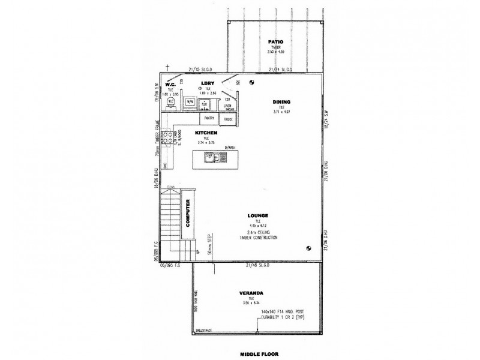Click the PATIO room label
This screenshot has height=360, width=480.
(x=275, y=41)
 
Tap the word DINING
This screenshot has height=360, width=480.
(x=281, y=101)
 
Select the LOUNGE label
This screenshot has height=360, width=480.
(x=260, y=215)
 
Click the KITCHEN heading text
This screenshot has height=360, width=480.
(x=206, y=133)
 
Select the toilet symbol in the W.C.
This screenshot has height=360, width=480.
(x=171, y=102)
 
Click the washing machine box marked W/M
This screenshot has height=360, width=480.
(x=189, y=103)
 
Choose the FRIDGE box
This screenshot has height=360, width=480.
(x=228, y=119)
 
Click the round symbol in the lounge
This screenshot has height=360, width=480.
(x=308, y=248)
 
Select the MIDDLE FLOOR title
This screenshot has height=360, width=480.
(x=256, y=354)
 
